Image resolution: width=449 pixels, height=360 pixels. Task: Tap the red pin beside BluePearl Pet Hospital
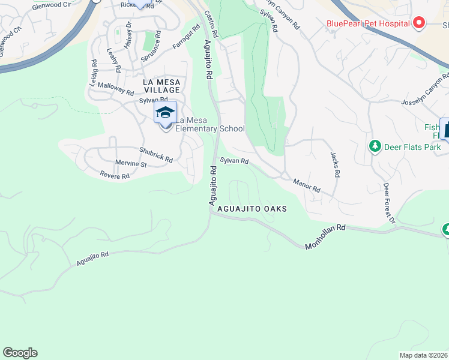(419, 23)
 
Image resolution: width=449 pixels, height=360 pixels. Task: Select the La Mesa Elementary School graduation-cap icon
(165, 112)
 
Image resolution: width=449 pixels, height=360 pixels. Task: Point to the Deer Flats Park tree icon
(375, 146)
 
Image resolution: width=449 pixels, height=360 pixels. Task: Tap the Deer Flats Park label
(413, 147)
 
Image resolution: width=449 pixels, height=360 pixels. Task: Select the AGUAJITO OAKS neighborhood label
(252, 209)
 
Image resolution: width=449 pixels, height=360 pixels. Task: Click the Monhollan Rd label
(325, 237)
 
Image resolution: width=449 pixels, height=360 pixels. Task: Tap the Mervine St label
(131, 163)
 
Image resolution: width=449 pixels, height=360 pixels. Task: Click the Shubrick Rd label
(156, 155)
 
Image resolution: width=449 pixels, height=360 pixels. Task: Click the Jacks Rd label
(335, 164)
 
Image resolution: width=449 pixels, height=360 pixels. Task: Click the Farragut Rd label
(186, 37)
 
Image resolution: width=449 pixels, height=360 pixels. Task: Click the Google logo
(20, 353)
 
